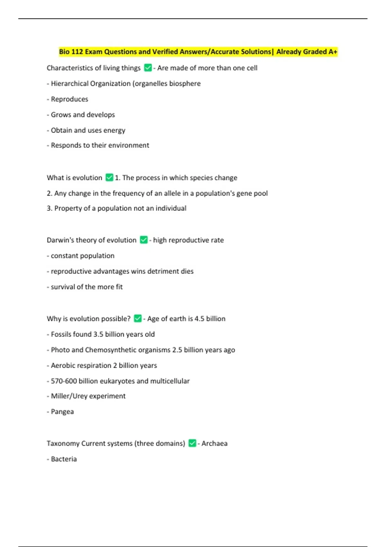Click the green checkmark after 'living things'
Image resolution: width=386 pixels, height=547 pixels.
click(x=148, y=68)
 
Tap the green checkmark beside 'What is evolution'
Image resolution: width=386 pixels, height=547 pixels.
click(x=109, y=178)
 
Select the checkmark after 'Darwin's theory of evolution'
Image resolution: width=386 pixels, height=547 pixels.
click(x=144, y=240)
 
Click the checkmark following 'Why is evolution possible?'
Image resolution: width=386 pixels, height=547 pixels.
click(x=138, y=319)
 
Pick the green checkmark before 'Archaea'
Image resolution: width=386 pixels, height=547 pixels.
click(x=192, y=443)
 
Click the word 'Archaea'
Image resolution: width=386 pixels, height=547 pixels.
click(x=214, y=443)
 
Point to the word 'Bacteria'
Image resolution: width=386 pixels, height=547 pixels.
click(x=64, y=459)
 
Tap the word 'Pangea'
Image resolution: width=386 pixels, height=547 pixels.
click(x=62, y=412)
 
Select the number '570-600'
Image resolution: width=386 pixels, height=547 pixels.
click(x=64, y=381)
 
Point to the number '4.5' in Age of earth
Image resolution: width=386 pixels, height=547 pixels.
click(x=199, y=319)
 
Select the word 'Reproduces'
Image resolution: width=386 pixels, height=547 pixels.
click(x=69, y=99)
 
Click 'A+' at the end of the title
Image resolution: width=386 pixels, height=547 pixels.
click(x=333, y=52)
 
